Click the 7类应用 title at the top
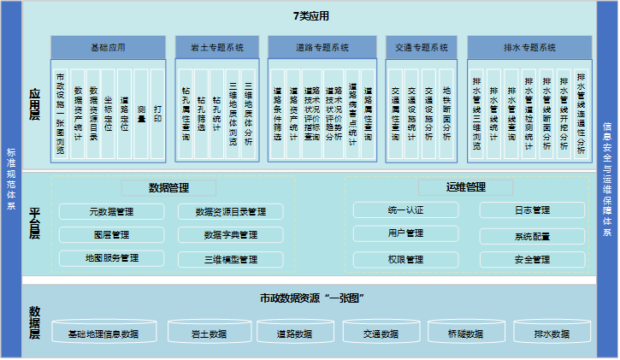[310, 15]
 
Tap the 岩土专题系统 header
[217, 48]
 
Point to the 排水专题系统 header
[527, 48]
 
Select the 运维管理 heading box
[465, 187]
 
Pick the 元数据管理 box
[111, 211]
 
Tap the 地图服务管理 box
[111, 258]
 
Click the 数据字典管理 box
[230, 234]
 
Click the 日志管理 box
[532, 210]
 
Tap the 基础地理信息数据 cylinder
[103, 333]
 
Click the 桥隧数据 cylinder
[465, 333]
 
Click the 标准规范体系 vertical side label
[10, 180]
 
